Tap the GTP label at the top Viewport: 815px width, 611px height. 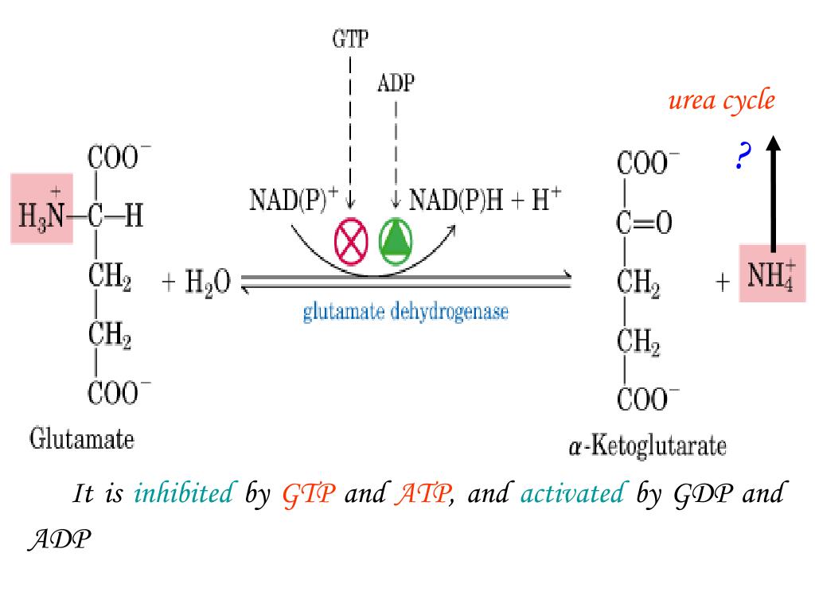click(x=350, y=39)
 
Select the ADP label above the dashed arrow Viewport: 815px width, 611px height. click(x=396, y=84)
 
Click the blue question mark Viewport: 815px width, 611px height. click(x=743, y=157)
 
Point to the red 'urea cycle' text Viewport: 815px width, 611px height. click(x=721, y=101)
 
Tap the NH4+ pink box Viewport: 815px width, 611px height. click(x=771, y=273)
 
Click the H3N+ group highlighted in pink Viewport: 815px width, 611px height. click(x=42, y=208)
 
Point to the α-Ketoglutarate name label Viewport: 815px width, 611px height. click(x=647, y=446)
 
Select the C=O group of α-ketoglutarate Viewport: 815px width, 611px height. click(x=644, y=224)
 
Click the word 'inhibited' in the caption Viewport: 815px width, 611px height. click(x=184, y=494)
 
